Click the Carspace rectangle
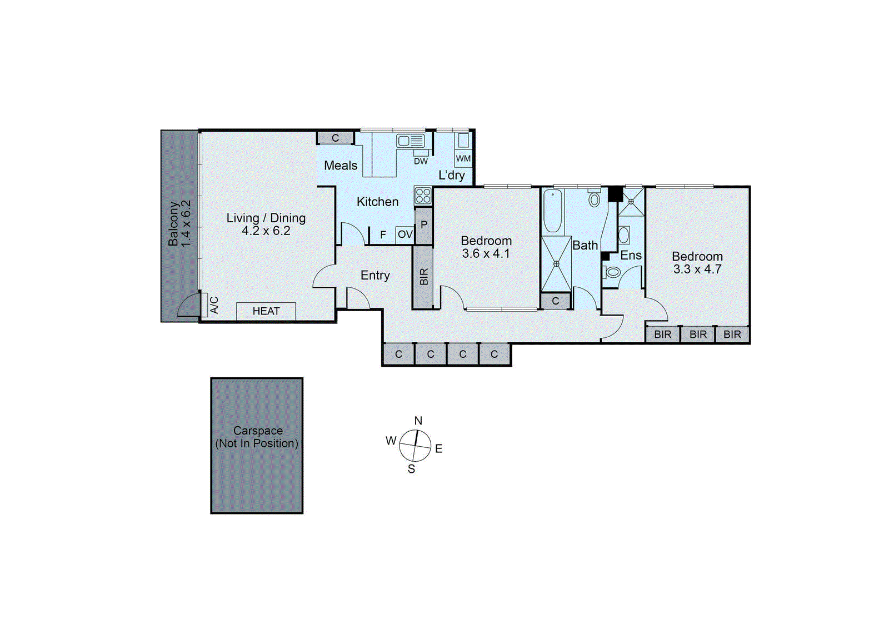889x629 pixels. click(x=257, y=446)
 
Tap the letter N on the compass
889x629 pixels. click(x=418, y=421)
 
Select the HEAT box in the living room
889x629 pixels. click(x=266, y=311)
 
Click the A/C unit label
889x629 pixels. click(x=214, y=304)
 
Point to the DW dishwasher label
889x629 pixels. click(x=421, y=161)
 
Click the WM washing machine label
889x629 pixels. click(x=463, y=158)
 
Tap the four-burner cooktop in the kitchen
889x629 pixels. click(x=423, y=196)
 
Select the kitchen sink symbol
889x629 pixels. click(x=411, y=141)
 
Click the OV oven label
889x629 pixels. click(x=405, y=234)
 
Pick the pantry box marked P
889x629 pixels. click(x=424, y=225)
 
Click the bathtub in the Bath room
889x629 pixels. click(x=553, y=211)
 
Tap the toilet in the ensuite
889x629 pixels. click(x=612, y=272)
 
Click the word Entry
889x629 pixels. click(x=375, y=276)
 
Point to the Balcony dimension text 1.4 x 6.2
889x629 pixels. click(x=186, y=223)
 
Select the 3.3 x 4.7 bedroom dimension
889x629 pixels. click(x=697, y=269)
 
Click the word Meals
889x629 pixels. click(x=341, y=166)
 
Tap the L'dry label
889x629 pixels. click(x=452, y=176)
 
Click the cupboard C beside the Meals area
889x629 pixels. click(x=336, y=138)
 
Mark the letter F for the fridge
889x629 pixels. click(x=383, y=235)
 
